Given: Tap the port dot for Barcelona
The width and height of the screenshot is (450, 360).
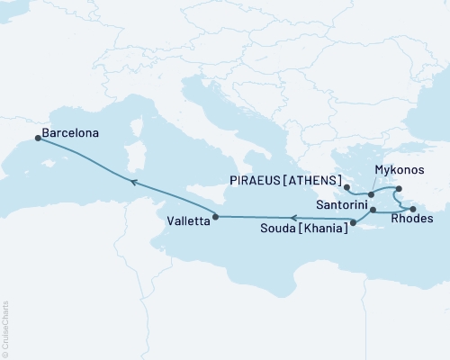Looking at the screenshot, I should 37,138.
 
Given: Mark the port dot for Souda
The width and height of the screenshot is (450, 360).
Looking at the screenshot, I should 353,222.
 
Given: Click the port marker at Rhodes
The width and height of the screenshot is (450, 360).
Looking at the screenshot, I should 413,209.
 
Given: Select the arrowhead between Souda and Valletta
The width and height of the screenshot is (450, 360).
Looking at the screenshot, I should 292,217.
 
